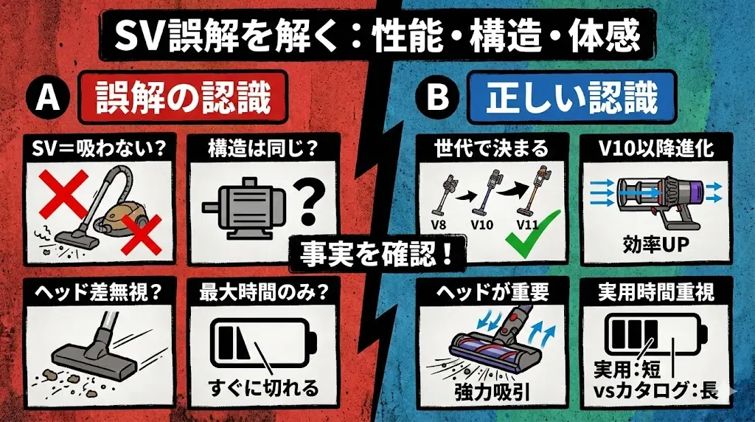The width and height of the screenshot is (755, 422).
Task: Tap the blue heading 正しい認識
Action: coord(572,99)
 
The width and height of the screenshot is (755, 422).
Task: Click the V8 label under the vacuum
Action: coord(440,222)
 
